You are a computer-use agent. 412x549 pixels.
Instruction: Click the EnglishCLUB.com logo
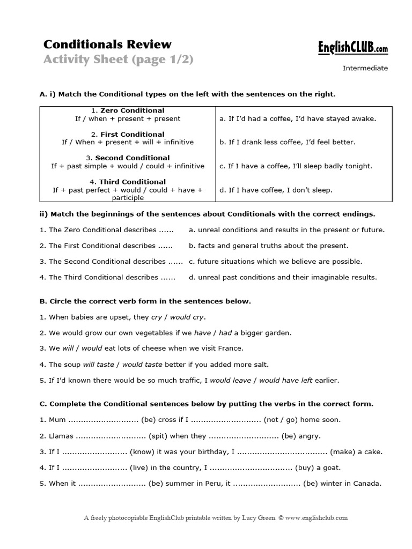351,49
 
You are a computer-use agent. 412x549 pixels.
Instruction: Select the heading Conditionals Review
107,44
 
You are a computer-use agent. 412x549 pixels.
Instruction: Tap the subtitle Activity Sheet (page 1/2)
118,60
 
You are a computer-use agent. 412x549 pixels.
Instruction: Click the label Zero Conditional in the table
132,111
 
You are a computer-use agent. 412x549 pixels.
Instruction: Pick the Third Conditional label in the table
132,182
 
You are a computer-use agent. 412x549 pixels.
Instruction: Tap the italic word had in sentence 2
225,332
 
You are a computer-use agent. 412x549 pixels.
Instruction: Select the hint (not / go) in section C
285,420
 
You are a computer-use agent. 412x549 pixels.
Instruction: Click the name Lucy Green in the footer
253,518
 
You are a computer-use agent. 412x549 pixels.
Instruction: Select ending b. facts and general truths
269,246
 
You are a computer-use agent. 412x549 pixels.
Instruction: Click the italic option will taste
98,364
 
